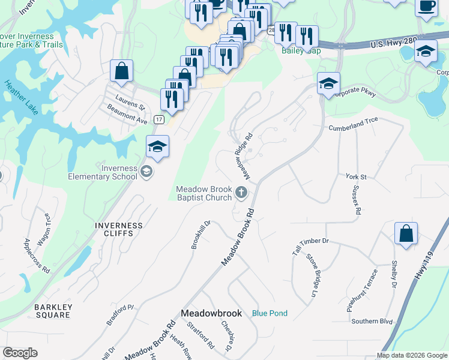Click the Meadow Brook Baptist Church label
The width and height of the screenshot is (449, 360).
(203, 193)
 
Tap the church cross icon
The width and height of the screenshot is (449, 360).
(241, 193)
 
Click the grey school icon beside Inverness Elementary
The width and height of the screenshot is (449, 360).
(146, 173)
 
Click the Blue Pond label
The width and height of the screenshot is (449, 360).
(270, 313)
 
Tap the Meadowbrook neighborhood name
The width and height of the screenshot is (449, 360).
(211, 313)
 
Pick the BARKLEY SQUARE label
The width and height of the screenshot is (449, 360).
(53, 311)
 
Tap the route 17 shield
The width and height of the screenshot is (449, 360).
(158, 119)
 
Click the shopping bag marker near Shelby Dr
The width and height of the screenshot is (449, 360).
(406, 233)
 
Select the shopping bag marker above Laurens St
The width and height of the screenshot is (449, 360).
(121, 71)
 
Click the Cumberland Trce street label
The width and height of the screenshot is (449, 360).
(353, 128)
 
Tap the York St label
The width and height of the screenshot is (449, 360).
(356, 177)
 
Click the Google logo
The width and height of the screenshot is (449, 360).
(20, 353)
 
